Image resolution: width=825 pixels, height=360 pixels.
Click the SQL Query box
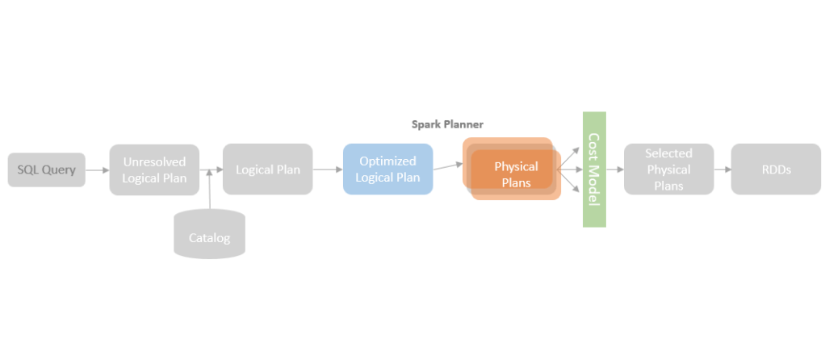(x=46, y=170)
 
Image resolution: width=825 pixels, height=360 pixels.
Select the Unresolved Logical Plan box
(x=153, y=170)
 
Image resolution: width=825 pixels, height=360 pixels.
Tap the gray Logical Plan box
(x=267, y=170)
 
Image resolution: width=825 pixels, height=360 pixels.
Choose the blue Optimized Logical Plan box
(x=387, y=170)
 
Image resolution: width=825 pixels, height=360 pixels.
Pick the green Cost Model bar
(x=594, y=170)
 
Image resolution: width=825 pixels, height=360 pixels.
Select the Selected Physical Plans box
(x=668, y=170)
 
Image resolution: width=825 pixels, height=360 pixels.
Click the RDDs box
(x=775, y=170)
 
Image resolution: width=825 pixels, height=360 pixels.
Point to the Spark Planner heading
(x=447, y=124)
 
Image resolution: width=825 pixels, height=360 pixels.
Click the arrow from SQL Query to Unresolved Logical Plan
(x=97, y=170)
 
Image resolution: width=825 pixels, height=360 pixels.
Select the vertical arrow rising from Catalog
(x=209, y=190)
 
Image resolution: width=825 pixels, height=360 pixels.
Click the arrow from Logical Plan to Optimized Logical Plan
(x=327, y=170)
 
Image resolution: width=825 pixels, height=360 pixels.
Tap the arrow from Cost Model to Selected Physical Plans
(x=614, y=170)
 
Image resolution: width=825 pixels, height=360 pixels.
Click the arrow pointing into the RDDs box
(x=722, y=170)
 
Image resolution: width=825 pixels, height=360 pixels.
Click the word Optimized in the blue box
(x=387, y=161)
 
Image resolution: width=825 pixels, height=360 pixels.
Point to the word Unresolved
(x=153, y=161)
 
